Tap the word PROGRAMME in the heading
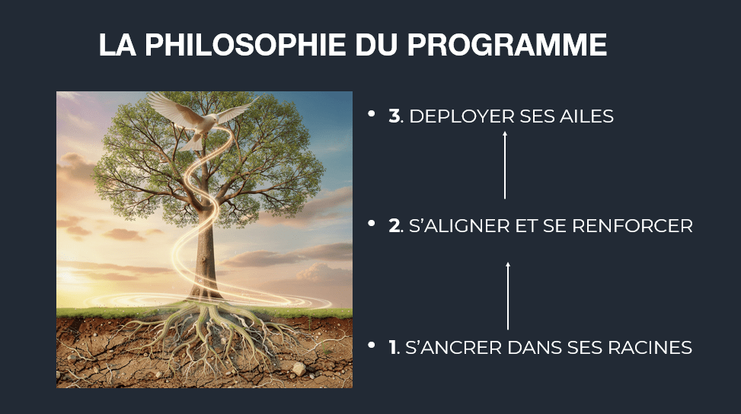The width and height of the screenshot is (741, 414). coord(506,45)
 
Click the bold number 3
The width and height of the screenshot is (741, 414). coord(394,116)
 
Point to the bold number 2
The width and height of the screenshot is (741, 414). coord(394,226)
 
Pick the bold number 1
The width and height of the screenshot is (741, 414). coord(393,348)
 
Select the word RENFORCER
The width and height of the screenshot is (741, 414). coord(632,226)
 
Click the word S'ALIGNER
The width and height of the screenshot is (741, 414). coord(459,226)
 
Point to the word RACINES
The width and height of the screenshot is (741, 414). coord(650,348)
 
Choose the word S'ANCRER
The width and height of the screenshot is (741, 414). coord(453,348)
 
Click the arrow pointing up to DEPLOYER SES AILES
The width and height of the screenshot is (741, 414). coord(505,165)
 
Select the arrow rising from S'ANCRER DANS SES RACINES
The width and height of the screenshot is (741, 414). coord(508,296)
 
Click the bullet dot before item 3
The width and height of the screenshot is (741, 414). coord(372,113)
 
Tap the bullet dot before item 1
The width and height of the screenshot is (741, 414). coord(372,345)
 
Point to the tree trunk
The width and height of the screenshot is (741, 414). coord(205,255)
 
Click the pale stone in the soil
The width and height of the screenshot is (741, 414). coord(299,368)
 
